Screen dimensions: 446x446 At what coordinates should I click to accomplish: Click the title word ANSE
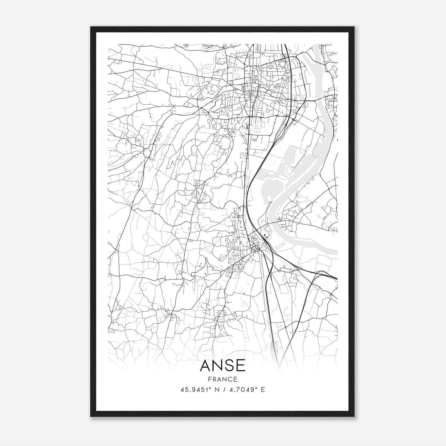tap(223, 366)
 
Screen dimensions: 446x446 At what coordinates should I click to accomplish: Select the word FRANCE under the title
tap(223, 379)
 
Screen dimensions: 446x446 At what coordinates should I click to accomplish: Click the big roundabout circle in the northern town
tap(275, 61)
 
